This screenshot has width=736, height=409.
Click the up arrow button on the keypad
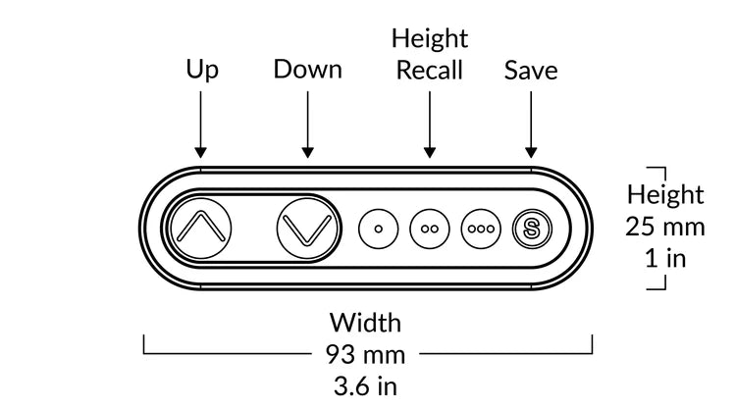tap(201, 229)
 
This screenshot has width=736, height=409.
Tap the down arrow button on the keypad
tap(307, 229)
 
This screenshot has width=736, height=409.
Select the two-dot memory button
tap(430, 229)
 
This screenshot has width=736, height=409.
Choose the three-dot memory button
tap(481, 229)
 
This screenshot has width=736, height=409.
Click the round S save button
tap(532, 229)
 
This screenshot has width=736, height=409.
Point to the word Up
tap(202, 71)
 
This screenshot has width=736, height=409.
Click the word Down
tap(307, 70)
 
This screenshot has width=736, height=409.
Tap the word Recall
tap(430, 70)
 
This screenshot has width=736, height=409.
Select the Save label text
tap(531, 71)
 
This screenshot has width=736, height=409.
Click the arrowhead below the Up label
tap(200, 152)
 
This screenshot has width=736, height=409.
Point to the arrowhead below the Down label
tap(307, 152)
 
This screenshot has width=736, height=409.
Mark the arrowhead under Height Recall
tap(430, 152)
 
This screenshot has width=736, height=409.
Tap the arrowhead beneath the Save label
tap(531, 152)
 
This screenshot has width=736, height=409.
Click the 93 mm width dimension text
tap(366, 355)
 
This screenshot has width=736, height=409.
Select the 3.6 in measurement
tap(366, 386)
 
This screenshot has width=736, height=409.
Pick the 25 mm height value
tap(665, 227)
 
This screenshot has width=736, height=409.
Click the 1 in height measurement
tap(665, 258)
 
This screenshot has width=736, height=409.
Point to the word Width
tap(365, 323)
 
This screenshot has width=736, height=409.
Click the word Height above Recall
tap(430, 38)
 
